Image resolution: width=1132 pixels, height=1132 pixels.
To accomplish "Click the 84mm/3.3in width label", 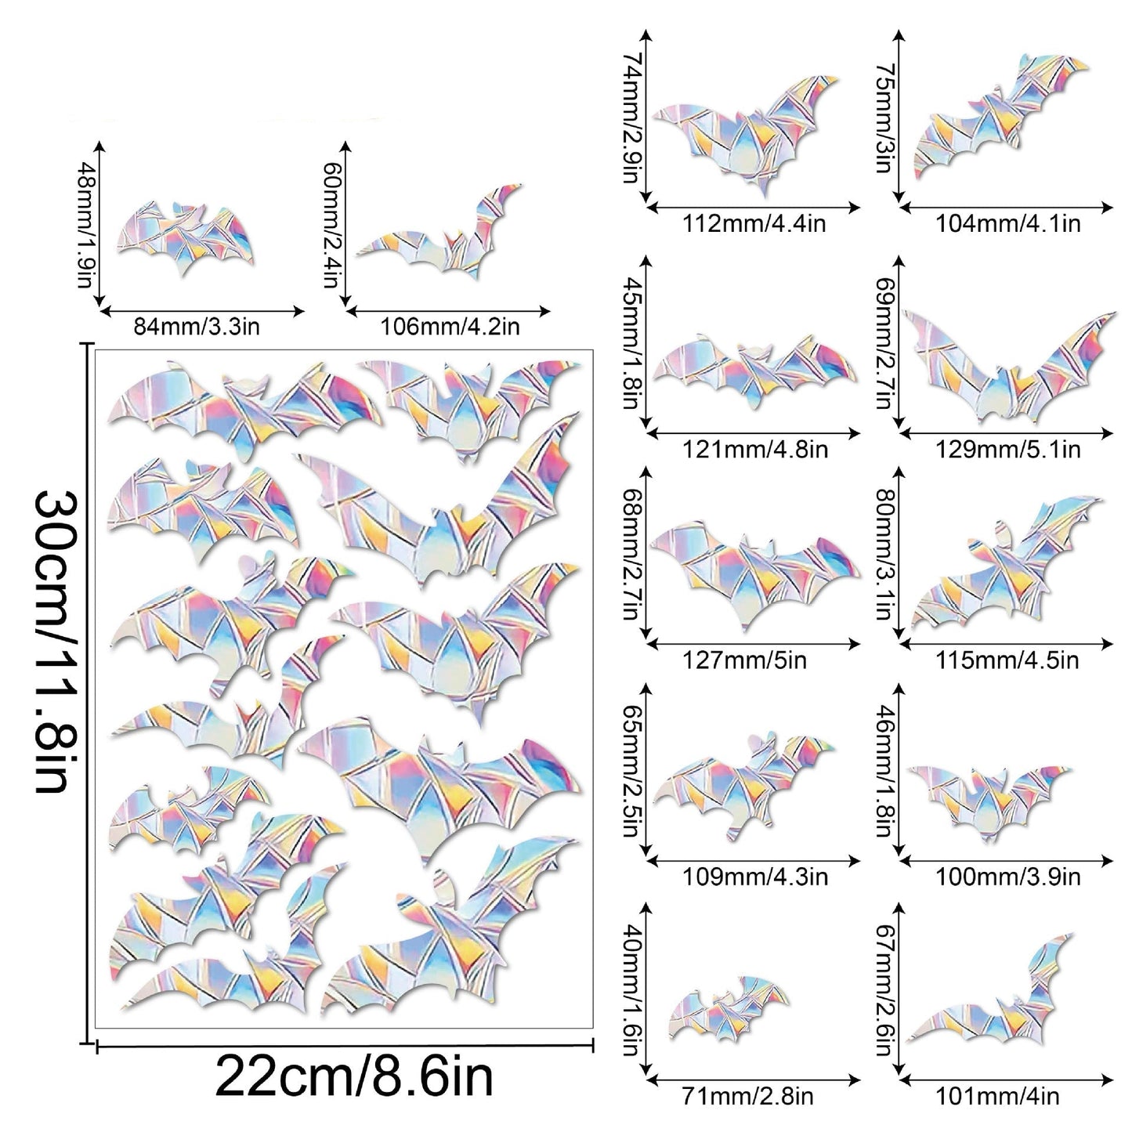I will [197, 326].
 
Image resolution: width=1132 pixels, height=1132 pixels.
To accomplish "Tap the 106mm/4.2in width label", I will [450, 326].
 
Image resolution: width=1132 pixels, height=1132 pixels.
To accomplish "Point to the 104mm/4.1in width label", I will [1007, 224].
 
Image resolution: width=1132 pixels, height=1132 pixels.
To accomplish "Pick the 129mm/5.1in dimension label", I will [1007, 450].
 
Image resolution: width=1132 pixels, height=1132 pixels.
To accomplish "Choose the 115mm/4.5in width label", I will [1007, 660].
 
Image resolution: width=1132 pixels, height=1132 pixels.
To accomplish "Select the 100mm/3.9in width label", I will [1007, 877].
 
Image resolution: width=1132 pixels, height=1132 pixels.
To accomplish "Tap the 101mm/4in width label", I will [997, 1097].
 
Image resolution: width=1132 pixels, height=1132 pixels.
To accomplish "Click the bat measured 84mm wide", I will [185, 237].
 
